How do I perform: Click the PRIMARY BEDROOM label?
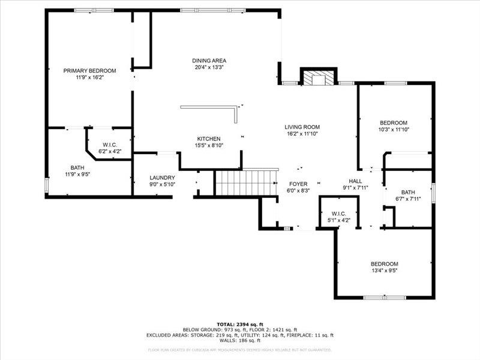[x=89, y=71]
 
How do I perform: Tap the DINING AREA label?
[x=209, y=61]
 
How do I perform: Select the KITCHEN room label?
[x=209, y=139]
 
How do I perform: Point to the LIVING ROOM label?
[x=302, y=127]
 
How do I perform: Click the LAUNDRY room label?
[x=162, y=178]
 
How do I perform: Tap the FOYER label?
[x=298, y=184]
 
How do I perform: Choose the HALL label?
[x=356, y=181]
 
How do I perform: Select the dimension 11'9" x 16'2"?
[x=89, y=77]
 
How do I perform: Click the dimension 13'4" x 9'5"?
[x=384, y=271]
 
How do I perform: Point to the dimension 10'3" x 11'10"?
[x=393, y=130]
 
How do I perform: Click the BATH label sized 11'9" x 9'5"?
[x=77, y=168]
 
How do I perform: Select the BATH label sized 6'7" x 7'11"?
[x=408, y=192]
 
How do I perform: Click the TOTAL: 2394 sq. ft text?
[x=240, y=324]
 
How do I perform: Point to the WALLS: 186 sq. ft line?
[x=240, y=341]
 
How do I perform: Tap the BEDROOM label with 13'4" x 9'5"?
[x=384, y=264]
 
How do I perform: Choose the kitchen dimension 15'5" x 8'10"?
[x=209, y=145]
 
